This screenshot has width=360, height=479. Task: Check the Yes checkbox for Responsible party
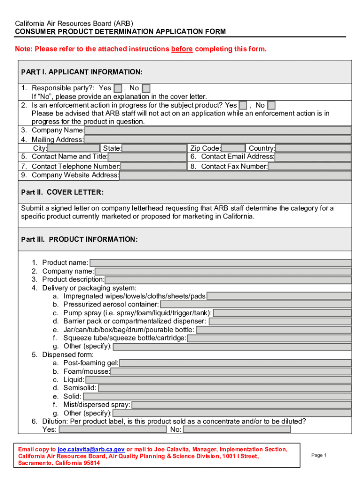118,88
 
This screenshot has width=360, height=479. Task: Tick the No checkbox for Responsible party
146,88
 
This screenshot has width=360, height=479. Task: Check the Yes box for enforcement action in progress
243,106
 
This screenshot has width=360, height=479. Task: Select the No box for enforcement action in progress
271,106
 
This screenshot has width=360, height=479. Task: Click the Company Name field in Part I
217,131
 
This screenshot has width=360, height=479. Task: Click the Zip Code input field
233,148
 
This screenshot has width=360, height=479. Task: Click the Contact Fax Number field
309,167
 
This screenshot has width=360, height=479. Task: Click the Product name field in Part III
220,263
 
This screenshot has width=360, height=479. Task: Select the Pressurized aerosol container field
255,305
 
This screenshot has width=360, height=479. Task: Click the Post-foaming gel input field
235,363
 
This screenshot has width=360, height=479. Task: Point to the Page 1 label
318,455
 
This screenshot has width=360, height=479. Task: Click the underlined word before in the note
182,49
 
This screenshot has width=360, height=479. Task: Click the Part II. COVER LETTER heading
63,193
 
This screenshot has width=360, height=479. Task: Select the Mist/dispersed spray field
241,405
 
